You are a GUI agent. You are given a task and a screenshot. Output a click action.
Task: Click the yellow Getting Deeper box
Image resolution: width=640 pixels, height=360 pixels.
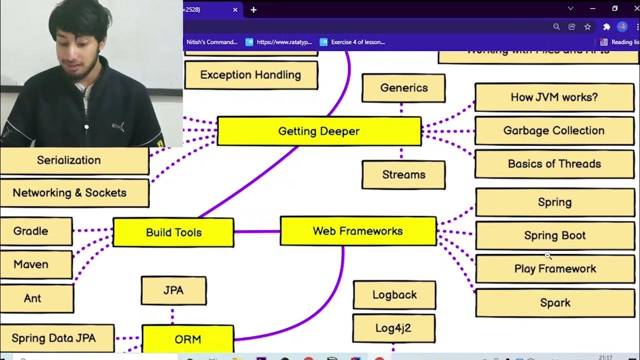(319, 131)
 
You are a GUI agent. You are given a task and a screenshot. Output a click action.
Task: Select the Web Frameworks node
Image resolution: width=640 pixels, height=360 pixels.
(358, 231)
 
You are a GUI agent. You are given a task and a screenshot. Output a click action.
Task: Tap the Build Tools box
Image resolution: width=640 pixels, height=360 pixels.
(173, 232)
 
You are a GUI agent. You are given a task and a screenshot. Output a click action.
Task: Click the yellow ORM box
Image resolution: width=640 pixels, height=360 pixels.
(187, 339)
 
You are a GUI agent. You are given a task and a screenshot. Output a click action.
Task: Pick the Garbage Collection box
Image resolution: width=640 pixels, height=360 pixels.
(554, 130)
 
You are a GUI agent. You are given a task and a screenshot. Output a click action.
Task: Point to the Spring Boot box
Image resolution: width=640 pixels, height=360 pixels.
(554, 235)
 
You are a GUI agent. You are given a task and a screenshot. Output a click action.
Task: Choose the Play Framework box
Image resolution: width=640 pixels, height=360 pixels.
(554, 269)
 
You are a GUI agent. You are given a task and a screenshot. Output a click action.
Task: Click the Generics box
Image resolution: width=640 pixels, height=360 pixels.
(403, 88)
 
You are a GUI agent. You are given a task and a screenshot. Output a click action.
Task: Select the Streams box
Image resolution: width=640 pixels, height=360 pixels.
(403, 174)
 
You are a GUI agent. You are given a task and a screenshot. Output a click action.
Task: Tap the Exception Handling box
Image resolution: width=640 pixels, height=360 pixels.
(250, 75)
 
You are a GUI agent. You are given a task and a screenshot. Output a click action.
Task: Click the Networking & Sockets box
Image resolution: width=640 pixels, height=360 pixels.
(70, 193)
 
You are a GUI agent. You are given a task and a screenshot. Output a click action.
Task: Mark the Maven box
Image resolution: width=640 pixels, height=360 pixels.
(31, 264)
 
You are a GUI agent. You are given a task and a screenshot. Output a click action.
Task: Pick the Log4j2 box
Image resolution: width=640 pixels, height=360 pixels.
(393, 328)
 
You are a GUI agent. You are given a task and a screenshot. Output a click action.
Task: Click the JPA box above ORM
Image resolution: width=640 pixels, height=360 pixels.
(173, 290)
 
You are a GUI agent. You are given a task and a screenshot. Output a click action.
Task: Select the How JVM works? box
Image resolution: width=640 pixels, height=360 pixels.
(554, 97)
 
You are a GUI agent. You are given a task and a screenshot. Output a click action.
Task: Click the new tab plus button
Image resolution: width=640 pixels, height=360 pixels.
(253, 10)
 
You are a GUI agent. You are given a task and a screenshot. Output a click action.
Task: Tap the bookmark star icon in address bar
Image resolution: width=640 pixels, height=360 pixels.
(587, 27)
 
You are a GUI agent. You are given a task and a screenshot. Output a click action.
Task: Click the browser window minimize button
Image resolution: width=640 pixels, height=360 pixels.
(593, 8)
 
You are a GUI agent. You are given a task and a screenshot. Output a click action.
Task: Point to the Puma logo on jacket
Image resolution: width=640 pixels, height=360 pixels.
(118, 127)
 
